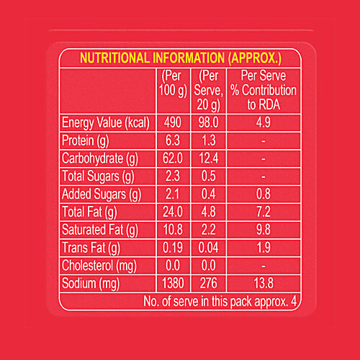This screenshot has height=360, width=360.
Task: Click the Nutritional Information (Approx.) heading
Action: point(180,58)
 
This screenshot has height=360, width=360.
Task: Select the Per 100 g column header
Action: point(174,84)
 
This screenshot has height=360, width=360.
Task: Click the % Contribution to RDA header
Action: point(264,90)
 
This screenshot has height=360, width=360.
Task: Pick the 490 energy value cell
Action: point(174,122)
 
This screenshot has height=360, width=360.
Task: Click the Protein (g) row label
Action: point(86,140)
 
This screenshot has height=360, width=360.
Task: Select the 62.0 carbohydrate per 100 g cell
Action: point(174,158)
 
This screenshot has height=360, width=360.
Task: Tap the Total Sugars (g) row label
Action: point(99,176)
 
